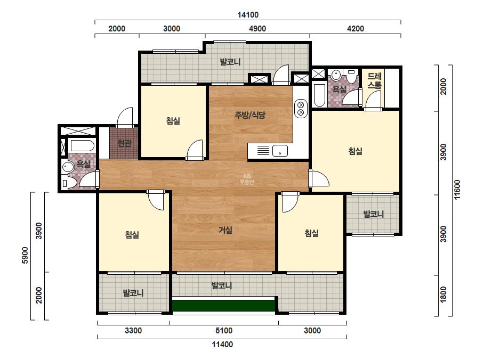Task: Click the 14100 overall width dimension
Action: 248,15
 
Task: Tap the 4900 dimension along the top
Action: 257,29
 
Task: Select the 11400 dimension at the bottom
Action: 222,345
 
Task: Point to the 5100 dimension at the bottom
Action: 224,331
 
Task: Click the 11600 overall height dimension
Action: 457,189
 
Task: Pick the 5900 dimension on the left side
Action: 25,255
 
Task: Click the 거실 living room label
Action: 225,230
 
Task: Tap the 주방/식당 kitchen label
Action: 250,115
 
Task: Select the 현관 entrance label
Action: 124,143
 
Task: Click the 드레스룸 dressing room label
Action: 375,80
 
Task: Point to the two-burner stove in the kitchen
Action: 301,109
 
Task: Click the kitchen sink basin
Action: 280,151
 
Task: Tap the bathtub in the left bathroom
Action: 82,146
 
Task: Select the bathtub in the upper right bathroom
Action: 319,95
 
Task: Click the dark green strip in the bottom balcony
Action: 224,306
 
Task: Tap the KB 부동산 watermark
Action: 247,179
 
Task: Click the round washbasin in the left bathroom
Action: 68,167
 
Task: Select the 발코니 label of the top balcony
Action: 230,61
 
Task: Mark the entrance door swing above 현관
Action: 125,117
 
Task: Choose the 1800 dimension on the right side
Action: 443,295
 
